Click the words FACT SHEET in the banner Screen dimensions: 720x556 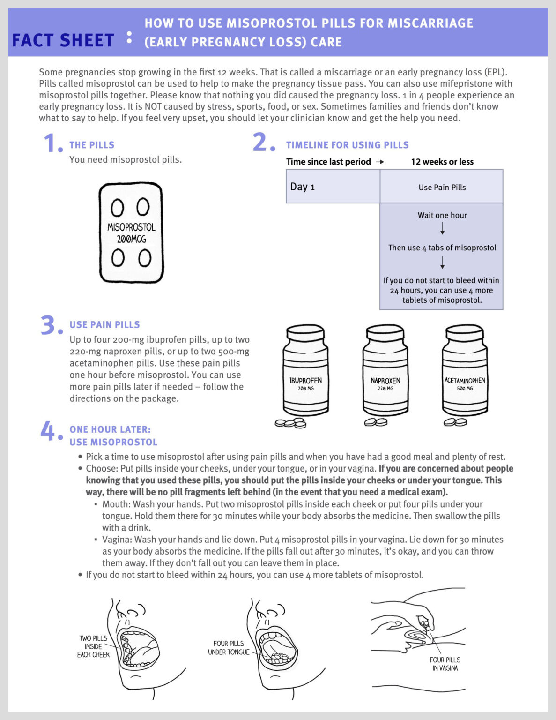tap(63, 40)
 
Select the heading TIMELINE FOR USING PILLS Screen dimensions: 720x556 tap(347, 145)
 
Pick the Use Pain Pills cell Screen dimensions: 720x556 tap(442, 187)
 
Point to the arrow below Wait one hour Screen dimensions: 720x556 tap(442, 229)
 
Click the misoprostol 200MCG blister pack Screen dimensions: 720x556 tap(131, 233)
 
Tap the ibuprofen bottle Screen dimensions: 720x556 tap(305, 370)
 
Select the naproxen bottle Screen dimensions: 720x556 tap(385, 370)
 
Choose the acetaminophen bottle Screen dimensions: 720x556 tap(465, 370)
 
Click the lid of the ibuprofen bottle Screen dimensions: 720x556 tap(305, 333)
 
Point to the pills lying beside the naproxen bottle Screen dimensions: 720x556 tap(376, 422)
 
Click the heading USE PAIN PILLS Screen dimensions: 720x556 tap(104, 324)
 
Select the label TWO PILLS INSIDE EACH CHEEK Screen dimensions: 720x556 tap(93, 646)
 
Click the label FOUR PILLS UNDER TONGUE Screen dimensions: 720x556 tap(229, 648)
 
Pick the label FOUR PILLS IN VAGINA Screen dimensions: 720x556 tap(445, 664)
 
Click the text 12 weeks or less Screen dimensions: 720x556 tap(442, 162)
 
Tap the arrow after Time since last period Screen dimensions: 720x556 tap(380, 162)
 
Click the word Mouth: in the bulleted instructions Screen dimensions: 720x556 tap(116, 504)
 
